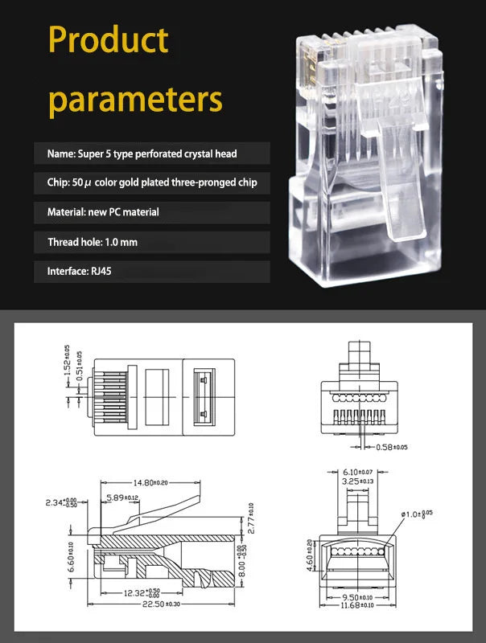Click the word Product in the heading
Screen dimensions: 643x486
tap(108, 40)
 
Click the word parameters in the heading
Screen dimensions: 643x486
tap(134, 100)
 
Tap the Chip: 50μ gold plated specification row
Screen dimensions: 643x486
tap(152, 182)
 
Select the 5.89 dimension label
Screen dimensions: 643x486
tap(122, 498)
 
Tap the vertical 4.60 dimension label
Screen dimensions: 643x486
tap(309, 555)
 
